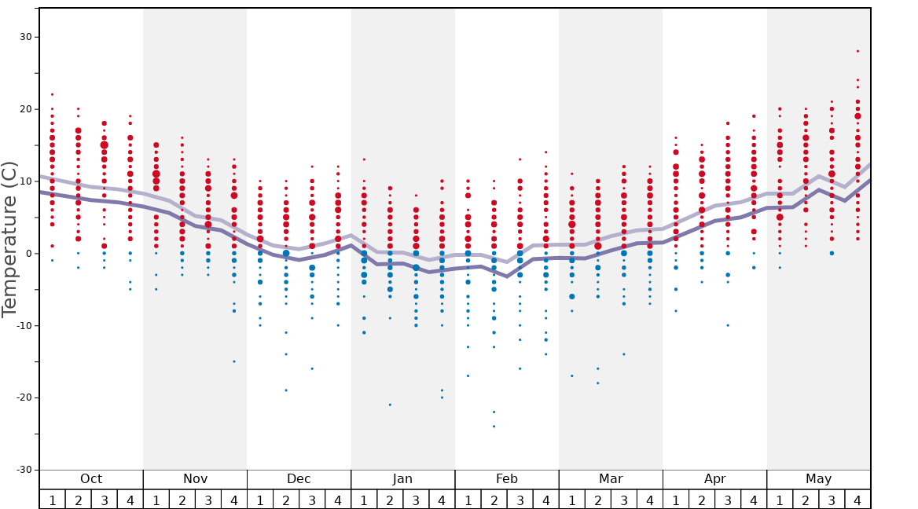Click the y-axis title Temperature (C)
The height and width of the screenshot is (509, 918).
[10, 239]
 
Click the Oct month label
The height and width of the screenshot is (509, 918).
[91, 479]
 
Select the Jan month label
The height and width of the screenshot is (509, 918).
[402, 479]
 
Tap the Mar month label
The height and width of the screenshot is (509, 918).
[611, 479]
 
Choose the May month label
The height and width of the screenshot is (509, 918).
[818, 479]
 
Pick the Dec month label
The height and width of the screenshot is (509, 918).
[299, 479]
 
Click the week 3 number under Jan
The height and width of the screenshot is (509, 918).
[416, 500]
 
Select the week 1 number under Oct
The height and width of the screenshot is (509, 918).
[53, 500]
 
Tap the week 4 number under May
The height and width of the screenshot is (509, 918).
[857, 500]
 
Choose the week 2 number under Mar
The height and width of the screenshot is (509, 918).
[598, 500]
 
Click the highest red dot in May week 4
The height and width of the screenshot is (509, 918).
[857, 51]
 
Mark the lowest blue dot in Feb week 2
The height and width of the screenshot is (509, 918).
[494, 427]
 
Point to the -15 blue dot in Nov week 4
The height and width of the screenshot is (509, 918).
[234, 361]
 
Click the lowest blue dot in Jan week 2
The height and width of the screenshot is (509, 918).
[390, 405]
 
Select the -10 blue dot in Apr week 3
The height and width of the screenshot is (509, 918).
[728, 325]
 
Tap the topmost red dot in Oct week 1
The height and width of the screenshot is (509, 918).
[53, 94]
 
